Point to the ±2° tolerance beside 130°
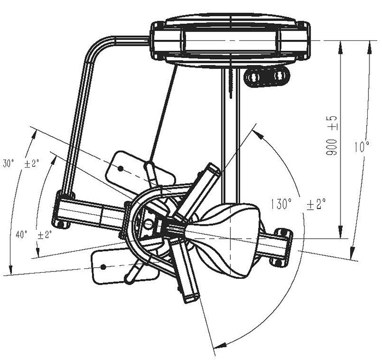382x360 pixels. pos(316,204)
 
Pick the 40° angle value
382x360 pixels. pos(21,235)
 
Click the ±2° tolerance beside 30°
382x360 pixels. pos(32,163)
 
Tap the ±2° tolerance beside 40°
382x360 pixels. pos(45,235)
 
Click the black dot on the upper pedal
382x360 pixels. pos(120,168)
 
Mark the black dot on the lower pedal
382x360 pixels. pos(103,267)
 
